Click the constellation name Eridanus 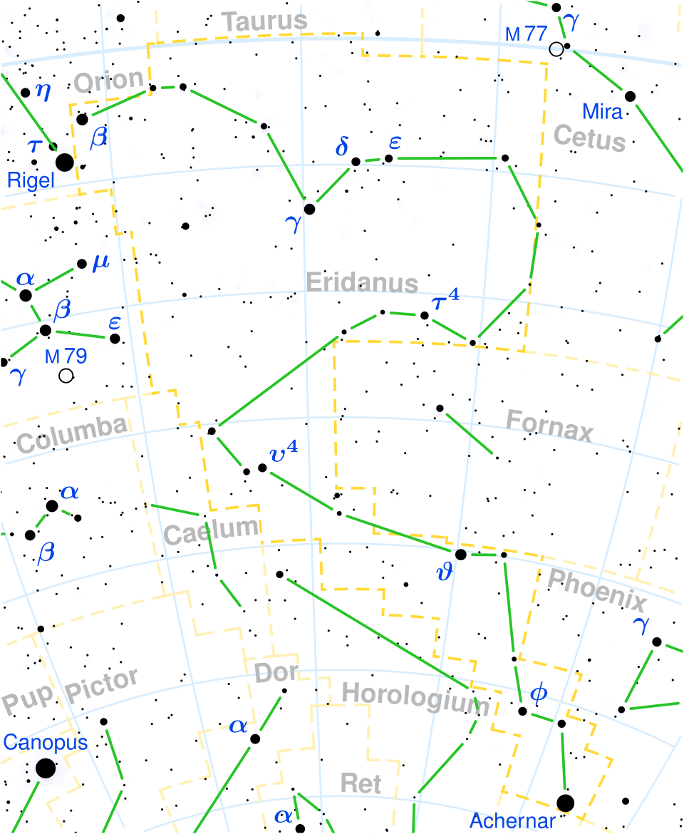[x=362, y=282]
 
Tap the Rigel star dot [x=64, y=162]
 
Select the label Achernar [x=512, y=821]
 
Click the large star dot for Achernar [x=565, y=803]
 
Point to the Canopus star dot [x=46, y=768]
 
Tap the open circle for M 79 [x=66, y=376]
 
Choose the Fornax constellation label [x=549, y=426]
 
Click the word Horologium [x=418, y=697]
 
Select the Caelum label [x=211, y=530]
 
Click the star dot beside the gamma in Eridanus [x=309, y=209]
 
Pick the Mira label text [x=602, y=112]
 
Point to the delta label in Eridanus [x=342, y=148]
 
